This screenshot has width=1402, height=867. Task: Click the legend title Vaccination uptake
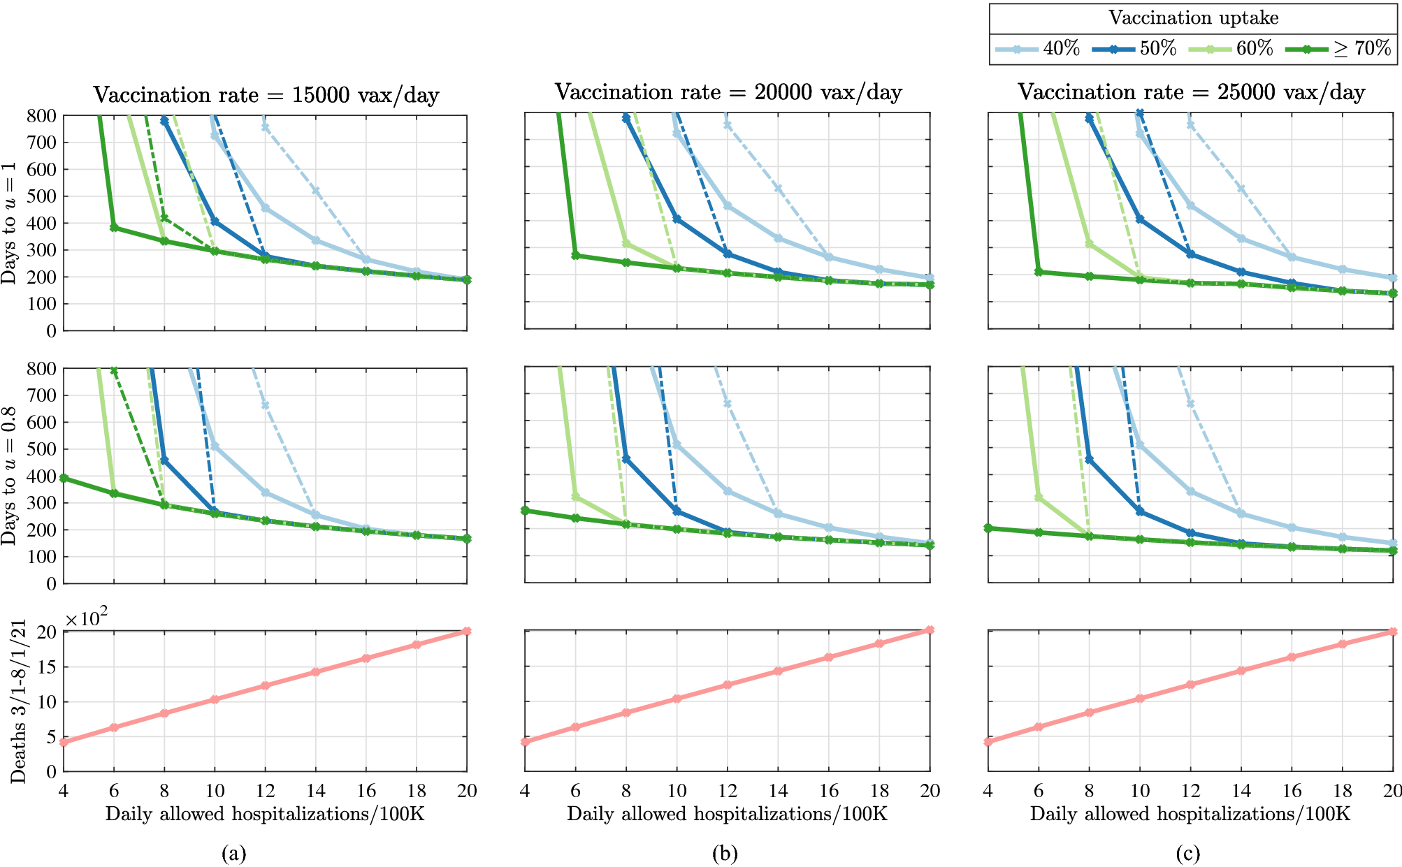tap(1193, 18)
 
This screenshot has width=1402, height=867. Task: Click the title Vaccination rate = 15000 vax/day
tap(266, 94)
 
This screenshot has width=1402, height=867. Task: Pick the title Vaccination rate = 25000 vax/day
tap(1191, 92)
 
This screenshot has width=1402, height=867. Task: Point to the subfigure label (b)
tap(725, 853)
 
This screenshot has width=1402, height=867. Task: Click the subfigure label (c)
tap(1187, 853)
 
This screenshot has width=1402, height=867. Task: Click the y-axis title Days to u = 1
tap(9, 223)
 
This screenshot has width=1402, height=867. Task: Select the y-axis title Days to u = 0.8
tap(9, 475)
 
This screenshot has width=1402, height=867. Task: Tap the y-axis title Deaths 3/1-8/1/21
tap(18, 701)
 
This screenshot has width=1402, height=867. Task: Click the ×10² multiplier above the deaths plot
tap(86, 619)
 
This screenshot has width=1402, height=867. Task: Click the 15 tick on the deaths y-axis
tap(46, 667)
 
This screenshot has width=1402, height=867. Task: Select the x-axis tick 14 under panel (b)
tap(778, 791)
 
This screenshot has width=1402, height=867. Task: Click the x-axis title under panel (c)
tap(1190, 814)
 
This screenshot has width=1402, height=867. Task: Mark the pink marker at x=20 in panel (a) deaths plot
tap(467, 631)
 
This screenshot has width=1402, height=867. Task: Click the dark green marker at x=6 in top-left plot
tap(114, 228)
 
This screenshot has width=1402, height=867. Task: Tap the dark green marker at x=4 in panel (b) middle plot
tap(526, 511)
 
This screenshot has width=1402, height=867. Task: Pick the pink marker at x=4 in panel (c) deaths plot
tap(988, 741)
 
